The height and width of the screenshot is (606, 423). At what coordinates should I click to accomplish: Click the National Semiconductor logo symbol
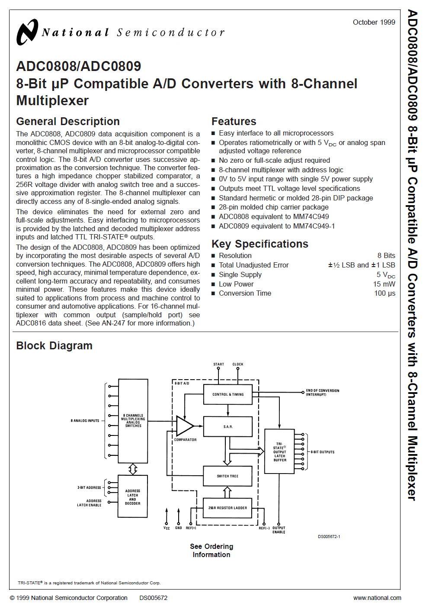[x=27, y=32]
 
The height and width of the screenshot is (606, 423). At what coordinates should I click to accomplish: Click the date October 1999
[x=374, y=22]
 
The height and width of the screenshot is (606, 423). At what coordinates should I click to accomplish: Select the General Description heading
[x=68, y=122]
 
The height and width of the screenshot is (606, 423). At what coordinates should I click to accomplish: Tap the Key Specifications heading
[x=260, y=244]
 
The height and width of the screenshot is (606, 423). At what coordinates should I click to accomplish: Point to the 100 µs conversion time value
[x=385, y=293]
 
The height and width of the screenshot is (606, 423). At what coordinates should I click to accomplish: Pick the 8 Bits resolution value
[x=386, y=255]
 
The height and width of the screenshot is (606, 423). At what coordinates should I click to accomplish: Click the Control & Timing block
[x=228, y=394]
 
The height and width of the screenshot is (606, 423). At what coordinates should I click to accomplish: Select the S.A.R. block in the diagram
[x=228, y=427]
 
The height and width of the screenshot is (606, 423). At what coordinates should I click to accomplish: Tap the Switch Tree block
[x=228, y=476]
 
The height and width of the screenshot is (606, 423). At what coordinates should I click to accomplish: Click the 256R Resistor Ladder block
[x=228, y=508]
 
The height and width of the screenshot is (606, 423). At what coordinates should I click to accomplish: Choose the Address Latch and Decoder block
[x=132, y=497]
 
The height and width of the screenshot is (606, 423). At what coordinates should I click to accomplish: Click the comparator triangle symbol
[x=184, y=426]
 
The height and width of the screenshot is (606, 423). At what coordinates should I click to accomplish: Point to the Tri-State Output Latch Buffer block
[x=279, y=451]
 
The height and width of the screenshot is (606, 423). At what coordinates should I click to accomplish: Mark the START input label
[x=219, y=364]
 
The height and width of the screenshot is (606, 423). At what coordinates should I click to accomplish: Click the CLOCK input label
[x=238, y=364]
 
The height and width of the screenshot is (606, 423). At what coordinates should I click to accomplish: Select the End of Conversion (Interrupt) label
[x=323, y=393]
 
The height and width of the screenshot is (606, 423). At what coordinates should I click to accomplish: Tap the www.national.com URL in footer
[x=377, y=598]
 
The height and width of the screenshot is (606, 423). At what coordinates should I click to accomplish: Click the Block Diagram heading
[x=54, y=346]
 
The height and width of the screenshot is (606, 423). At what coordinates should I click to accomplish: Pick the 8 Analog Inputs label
[x=85, y=421]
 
